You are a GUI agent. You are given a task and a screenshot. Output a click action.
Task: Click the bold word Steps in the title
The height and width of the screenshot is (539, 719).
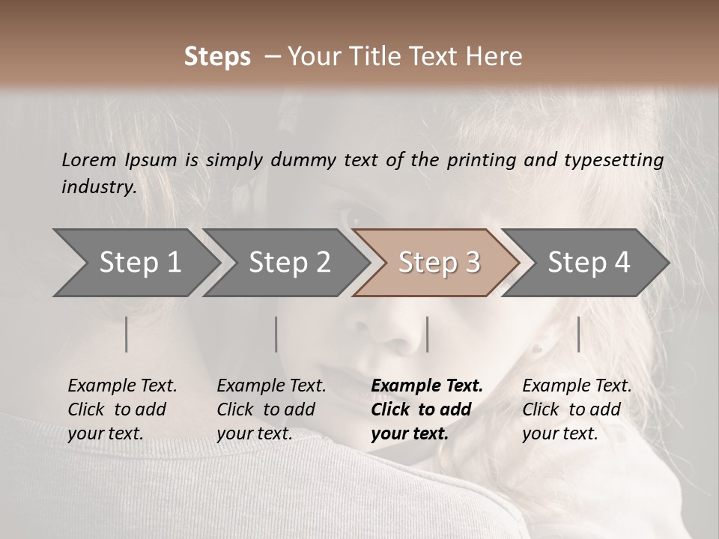click(217, 57)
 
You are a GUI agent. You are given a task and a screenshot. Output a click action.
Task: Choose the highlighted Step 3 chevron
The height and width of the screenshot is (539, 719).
click(438, 262)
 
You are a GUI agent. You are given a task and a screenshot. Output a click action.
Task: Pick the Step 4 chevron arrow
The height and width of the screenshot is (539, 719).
click(588, 262)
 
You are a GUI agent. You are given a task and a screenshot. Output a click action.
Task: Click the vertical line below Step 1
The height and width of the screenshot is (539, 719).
click(126, 334)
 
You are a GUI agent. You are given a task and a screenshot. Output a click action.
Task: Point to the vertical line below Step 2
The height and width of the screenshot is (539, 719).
click(276, 334)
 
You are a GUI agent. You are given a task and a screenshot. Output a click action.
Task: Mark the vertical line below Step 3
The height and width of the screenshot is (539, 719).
click(427, 334)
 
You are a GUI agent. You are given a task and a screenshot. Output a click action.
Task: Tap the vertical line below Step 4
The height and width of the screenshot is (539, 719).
click(578, 334)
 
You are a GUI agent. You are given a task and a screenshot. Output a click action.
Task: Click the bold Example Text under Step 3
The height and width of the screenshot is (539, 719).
click(427, 386)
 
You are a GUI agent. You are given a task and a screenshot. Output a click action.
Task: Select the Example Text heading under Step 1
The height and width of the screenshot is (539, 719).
click(122, 386)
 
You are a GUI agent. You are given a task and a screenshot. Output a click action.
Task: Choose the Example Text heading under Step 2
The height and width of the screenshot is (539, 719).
click(271, 386)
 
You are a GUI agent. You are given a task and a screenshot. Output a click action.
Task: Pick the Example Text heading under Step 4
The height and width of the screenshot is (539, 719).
click(577, 386)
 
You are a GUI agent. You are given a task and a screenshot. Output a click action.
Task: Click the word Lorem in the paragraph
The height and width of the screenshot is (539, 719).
click(89, 159)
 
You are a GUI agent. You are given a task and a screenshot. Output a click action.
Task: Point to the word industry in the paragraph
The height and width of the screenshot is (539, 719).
click(99, 187)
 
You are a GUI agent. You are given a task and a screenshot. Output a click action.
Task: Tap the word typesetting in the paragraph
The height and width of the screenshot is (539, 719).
click(613, 160)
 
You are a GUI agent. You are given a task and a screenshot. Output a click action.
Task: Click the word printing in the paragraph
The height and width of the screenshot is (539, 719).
click(488, 160)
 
